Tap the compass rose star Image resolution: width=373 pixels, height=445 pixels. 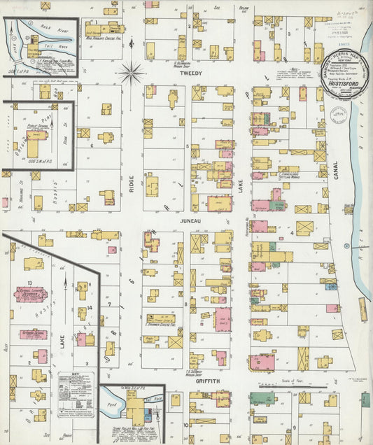click(131, 71)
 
